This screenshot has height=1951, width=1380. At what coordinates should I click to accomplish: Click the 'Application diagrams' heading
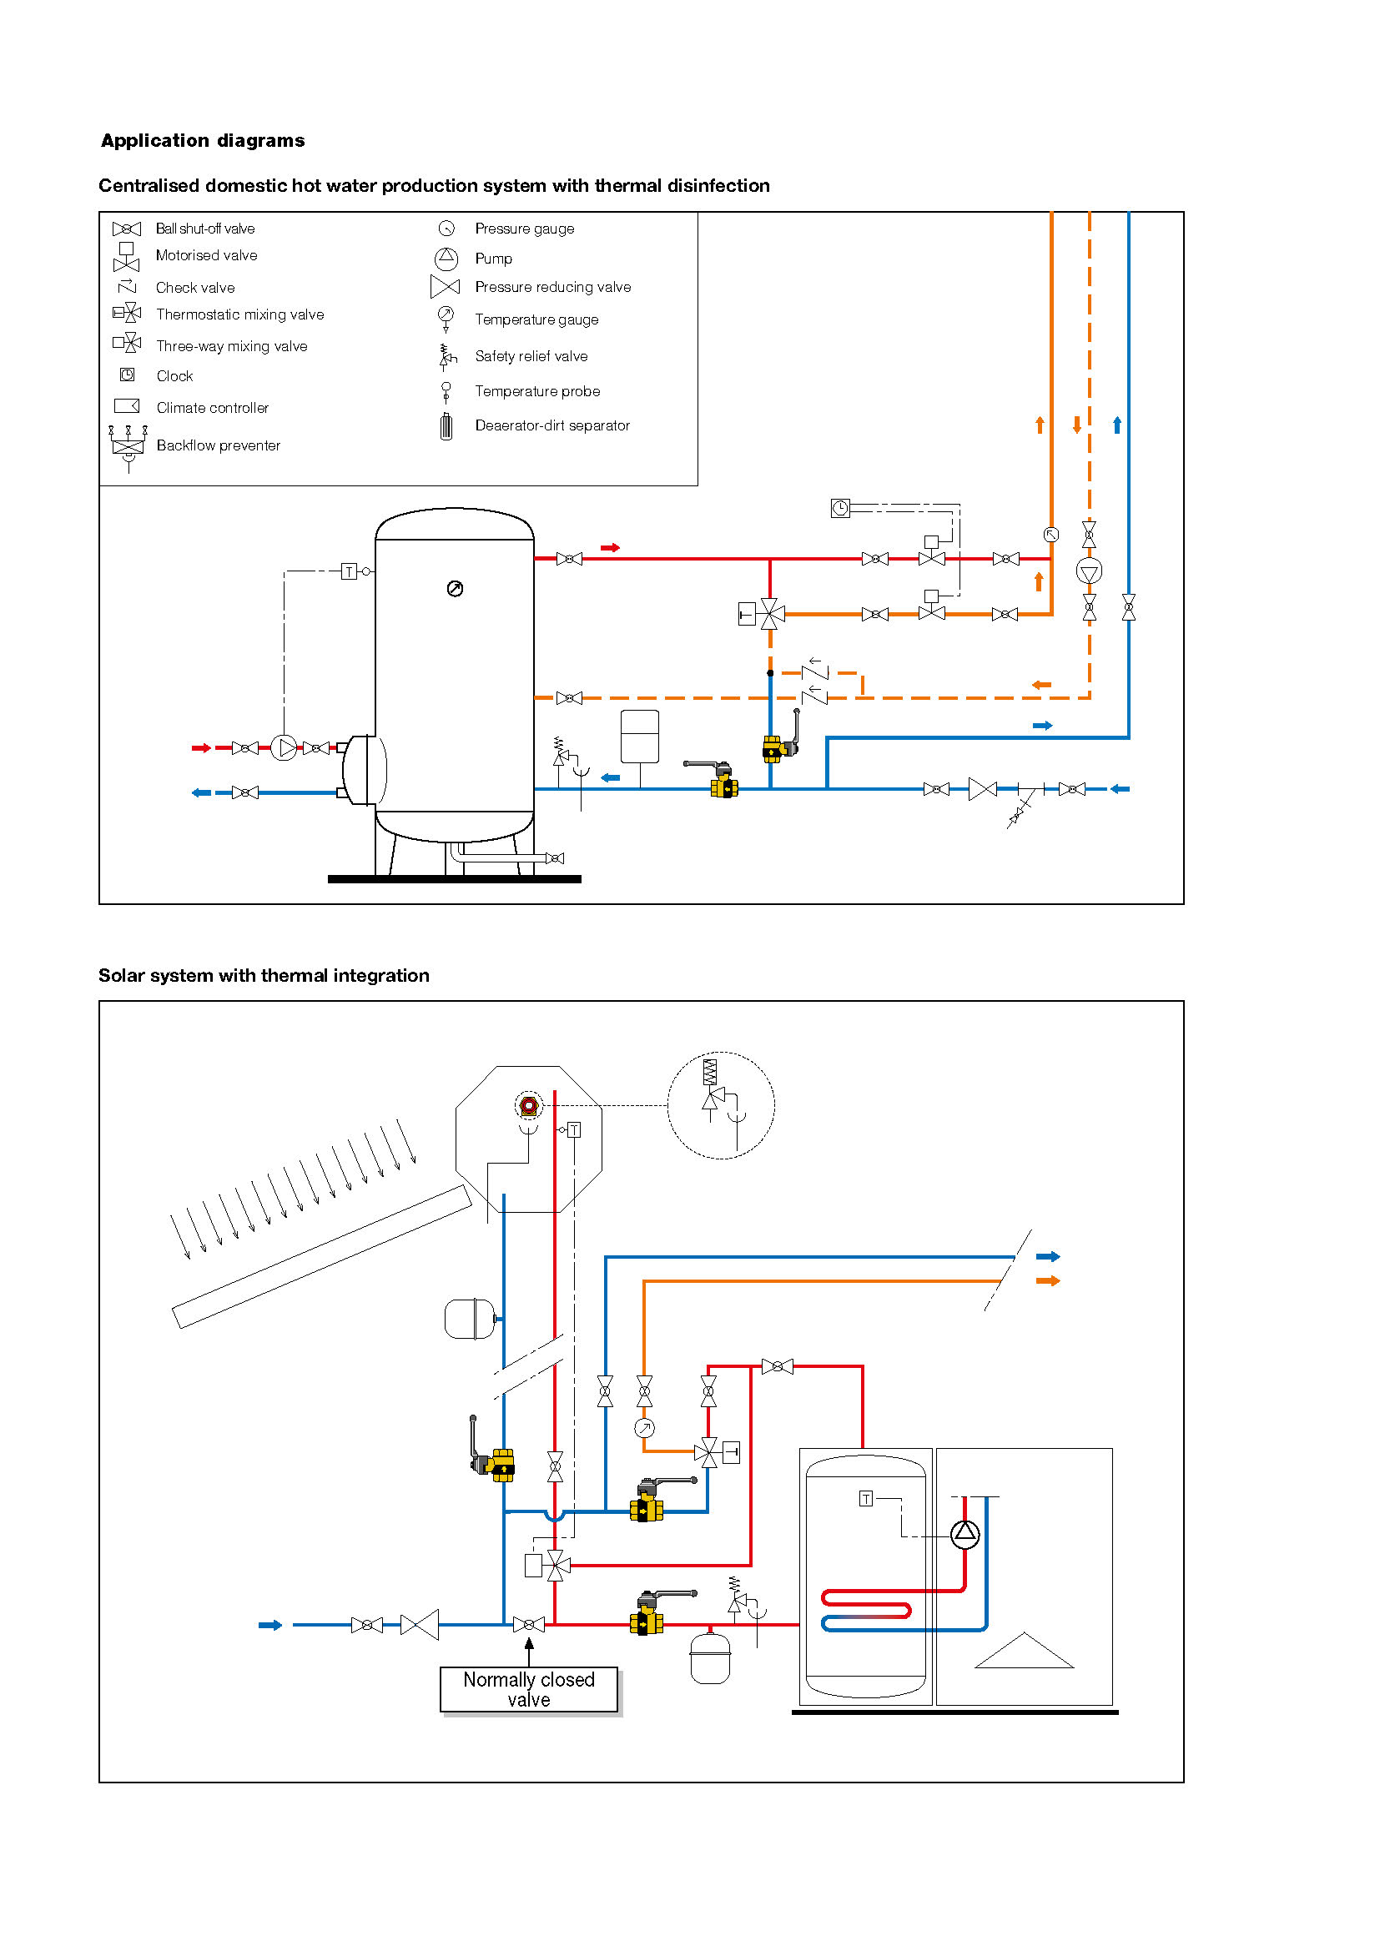click(x=202, y=140)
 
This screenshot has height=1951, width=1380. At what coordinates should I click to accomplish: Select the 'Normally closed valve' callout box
click(x=528, y=1689)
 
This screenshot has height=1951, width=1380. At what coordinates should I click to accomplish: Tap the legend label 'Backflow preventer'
click(x=219, y=445)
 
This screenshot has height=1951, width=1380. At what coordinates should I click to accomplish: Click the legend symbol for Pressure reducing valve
click(x=446, y=287)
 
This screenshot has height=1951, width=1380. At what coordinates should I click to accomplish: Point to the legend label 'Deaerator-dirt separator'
click(x=552, y=425)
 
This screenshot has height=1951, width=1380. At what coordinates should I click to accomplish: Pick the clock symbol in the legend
click(x=128, y=375)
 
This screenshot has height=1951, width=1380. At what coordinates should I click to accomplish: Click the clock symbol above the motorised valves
click(x=840, y=508)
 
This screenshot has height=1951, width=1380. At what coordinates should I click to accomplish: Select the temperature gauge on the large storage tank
click(x=456, y=589)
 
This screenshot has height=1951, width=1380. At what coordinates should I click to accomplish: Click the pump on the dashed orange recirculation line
click(x=1090, y=572)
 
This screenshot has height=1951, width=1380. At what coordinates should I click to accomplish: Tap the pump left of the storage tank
click(x=284, y=747)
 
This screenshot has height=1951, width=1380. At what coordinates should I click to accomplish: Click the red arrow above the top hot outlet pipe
click(x=610, y=548)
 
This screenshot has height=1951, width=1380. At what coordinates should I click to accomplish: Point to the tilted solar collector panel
click(x=321, y=1257)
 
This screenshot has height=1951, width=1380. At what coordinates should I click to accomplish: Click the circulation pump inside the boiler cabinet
click(x=964, y=1534)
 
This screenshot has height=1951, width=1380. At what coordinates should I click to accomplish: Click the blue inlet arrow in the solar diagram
click(x=270, y=1626)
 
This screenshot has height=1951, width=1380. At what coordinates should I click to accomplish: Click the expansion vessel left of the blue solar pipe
click(x=469, y=1319)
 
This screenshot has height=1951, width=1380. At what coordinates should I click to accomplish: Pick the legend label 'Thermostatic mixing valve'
click(x=239, y=314)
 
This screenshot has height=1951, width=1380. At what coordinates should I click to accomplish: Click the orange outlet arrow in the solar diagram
click(x=1048, y=1280)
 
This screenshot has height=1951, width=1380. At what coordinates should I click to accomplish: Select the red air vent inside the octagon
click(x=528, y=1105)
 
